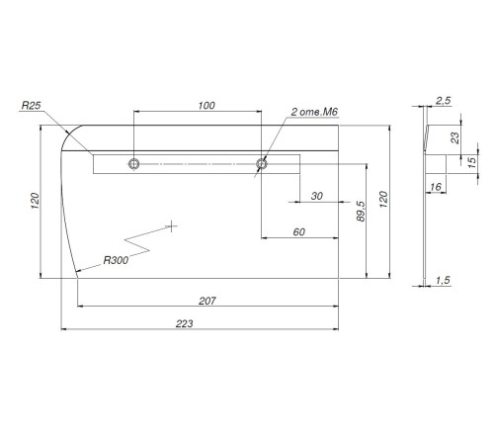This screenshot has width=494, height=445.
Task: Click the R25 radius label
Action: pos(31,106)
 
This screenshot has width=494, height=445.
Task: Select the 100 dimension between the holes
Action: pos(206,106)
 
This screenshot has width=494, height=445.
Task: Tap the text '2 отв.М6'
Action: pos(314,112)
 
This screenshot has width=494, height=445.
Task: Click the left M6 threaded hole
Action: pos(133,164)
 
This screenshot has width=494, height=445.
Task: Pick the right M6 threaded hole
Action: pos(262,163)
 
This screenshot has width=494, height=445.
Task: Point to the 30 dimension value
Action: pos(316,196)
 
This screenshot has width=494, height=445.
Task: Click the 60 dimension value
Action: pos(299,232)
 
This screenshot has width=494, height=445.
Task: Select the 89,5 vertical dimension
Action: pos(361,212)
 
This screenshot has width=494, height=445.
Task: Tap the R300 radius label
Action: pos(116,260)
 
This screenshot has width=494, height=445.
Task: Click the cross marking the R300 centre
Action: pos(171,226)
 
